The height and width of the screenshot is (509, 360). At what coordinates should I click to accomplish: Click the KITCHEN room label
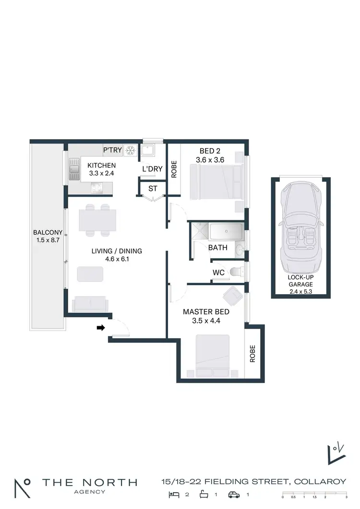click(100, 166)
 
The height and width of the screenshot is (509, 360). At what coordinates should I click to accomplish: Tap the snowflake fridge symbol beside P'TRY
click(130, 150)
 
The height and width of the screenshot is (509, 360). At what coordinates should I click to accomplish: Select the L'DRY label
click(152, 169)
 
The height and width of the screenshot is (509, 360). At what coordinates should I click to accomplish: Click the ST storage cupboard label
click(153, 189)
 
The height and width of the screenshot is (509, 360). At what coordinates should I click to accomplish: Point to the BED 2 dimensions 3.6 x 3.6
click(210, 160)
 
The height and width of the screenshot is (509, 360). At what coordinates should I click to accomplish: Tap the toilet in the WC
click(236, 272)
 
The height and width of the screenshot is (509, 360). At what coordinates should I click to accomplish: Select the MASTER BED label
click(206, 311)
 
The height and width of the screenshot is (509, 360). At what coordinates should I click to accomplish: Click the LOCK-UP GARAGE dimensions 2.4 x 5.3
click(301, 291)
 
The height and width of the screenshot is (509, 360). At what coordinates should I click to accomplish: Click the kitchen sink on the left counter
click(73, 169)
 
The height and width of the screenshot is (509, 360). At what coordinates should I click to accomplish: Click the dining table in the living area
click(97, 220)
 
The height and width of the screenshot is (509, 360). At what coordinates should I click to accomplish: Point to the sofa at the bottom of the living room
click(89, 305)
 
